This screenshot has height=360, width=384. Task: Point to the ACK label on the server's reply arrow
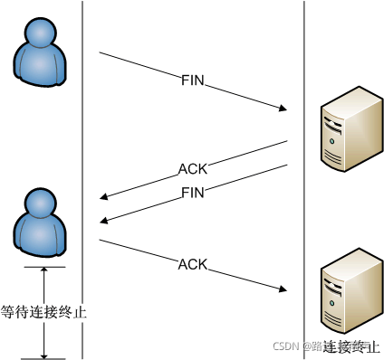coord(192,168)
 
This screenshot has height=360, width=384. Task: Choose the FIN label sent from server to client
coord(194,192)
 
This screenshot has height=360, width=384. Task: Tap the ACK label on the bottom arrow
coord(193,264)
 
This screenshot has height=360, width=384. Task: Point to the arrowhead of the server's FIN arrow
coord(103,220)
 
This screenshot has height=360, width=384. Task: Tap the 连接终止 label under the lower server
coord(348,346)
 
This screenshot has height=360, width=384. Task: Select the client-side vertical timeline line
coord(82,136)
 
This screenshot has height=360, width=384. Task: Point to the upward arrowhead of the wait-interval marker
coord(43,271)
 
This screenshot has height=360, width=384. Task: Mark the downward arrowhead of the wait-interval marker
coord(43,354)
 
